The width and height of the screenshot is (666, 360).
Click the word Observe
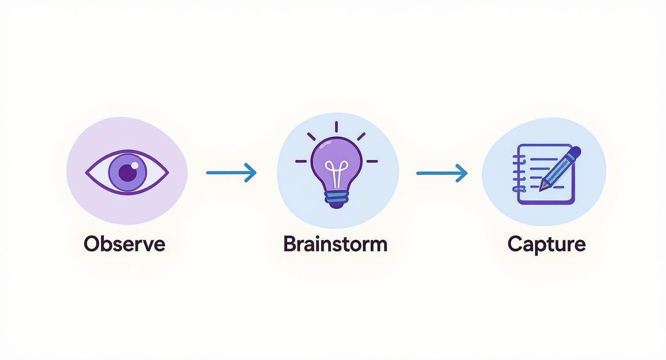click(x=124, y=244)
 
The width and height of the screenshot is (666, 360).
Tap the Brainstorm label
click(x=335, y=244)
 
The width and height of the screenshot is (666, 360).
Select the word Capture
click(x=546, y=244)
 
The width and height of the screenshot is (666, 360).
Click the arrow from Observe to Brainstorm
click(x=231, y=172)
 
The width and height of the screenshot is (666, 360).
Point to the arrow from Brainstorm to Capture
click(x=441, y=173)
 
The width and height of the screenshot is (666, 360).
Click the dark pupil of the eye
click(x=127, y=173)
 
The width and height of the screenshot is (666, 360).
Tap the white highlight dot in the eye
click(x=134, y=165)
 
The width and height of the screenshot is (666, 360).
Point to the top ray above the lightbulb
click(x=336, y=127)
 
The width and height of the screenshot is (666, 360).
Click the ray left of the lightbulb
click(x=301, y=161)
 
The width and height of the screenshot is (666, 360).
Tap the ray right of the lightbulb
click(x=372, y=161)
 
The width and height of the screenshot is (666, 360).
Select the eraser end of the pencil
click(x=576, y=152)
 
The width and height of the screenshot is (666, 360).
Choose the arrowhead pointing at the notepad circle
click(x=462, y=173)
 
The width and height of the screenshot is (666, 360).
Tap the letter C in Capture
click(x=515, y=244)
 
